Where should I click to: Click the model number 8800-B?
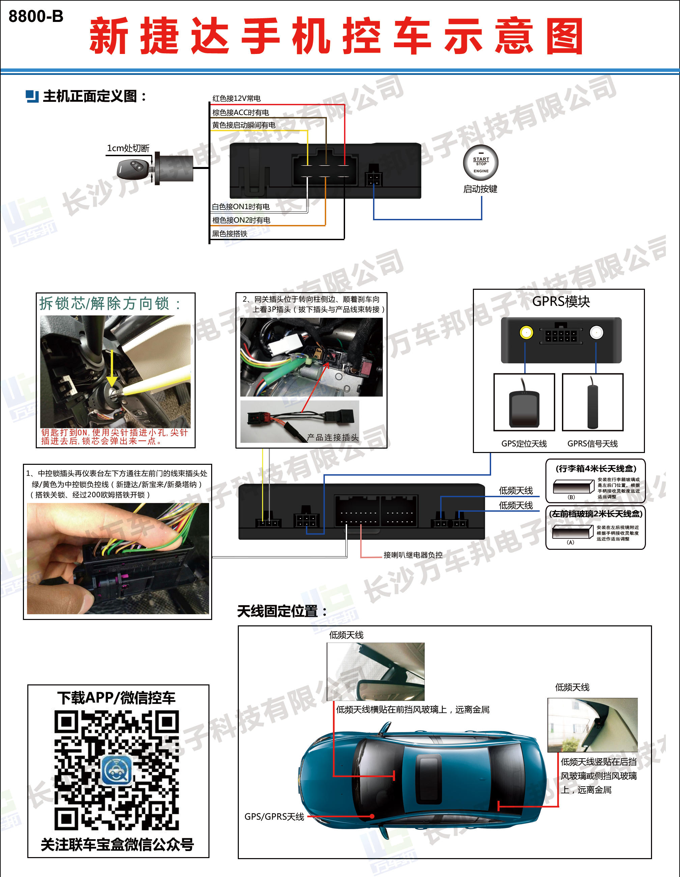(36, 17)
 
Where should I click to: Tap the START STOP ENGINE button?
(481, 163)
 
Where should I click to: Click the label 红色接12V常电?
(236, 98)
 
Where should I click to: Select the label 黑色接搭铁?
(230, 234)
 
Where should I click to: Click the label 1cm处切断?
(128, 148)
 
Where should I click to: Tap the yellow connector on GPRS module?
(526, 333)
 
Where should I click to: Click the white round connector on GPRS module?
(596, 333)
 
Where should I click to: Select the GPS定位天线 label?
(524, 444)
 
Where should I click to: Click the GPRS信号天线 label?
(592, 444)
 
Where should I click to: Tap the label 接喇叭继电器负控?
(413, 555)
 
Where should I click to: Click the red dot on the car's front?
(372, 816)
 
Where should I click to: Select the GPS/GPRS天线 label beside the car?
(274, 817)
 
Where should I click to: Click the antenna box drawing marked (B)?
(573, 487)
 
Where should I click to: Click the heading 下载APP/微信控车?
(116, 698)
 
